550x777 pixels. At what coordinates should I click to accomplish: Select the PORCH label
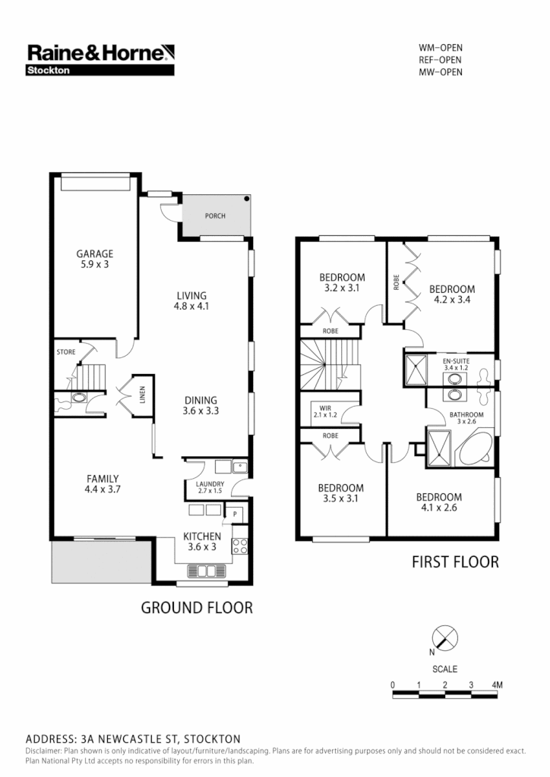pyautogui.click(x=216, y=216)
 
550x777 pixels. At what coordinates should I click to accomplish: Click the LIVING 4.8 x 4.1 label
pyautogui.click(x=191, y=301)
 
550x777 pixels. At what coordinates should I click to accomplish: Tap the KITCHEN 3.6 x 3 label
pyautogui.click(x=202, y=542)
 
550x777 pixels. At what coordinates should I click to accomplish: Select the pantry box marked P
pyautogui.click(x=235, y=514)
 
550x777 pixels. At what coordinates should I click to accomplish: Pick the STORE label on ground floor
pyautogui.click(x=66, y=353)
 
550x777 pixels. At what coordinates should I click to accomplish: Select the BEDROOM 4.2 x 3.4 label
pyautogui.click(x=452, y=294)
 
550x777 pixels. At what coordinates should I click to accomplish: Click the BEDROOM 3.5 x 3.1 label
pyautogui.click(x=340, y=493)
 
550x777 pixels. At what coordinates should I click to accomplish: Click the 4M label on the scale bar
pyautogui.click(x=497, y=685)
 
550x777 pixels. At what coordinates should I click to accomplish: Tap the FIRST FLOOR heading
pyautogui.click(x=455, y=562)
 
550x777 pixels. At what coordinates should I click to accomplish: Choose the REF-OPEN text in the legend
pyautogui.click(x=441, y=60)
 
